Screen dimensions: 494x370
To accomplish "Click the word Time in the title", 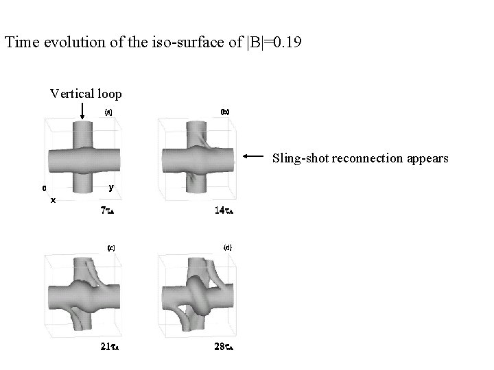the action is pos(22,42).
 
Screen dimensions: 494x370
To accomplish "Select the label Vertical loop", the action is pos(86,94).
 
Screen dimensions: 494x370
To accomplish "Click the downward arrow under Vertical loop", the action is pos(82,111).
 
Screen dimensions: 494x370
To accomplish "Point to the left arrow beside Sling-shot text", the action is pos(253,156).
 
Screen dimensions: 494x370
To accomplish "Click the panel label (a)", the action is pos(108,112).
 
